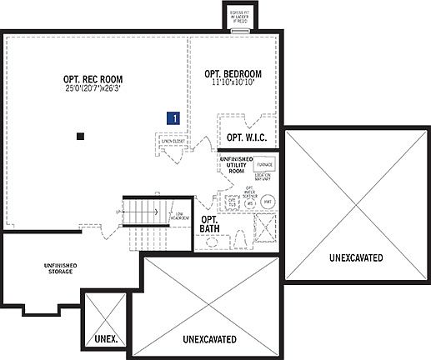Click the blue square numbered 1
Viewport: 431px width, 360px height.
173,118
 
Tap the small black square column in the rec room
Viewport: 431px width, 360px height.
80,135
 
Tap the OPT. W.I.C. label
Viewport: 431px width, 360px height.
246,137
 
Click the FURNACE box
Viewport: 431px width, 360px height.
263,165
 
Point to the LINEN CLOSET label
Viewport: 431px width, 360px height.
173,142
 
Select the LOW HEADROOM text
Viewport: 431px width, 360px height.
178,217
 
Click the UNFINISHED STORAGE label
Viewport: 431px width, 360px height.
61,267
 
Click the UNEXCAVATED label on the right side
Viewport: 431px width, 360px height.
355,257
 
